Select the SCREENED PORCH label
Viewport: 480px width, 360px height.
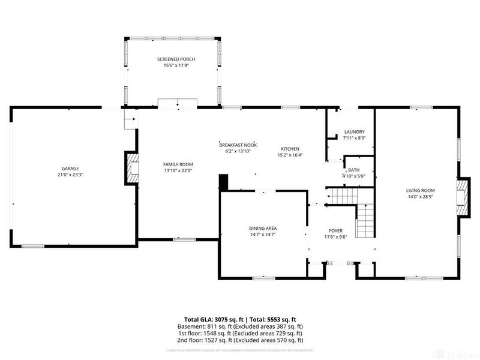pyautogui.click(x=176, y=59)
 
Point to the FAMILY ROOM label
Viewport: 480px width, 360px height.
pyautogui.click(x=178, y=164)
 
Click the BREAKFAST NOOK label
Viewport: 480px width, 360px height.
pyautogui.click(x=238, y=145)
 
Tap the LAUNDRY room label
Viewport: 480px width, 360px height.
pyautogui.click(x=353, y=132)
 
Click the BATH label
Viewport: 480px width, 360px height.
pyautogui.click(x=353, y=170)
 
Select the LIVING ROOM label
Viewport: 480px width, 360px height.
pyautogui.click(x=420, y=190)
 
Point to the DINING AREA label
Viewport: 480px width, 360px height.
pyautogui.click(x=263, y=228)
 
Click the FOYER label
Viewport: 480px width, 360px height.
pyautogui.click(x=335, y=230)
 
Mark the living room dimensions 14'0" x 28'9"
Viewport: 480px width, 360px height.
pyautogui.click(x=420, y=197)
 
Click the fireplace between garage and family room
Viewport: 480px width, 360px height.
pyautogui.click(x=131, y=167)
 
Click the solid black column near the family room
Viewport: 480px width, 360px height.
pyautogui.click(x=224, y=182)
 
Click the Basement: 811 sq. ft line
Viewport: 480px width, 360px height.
pyautogui.click(x=240, y=326)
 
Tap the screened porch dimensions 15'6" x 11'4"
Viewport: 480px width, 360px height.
pyautogui.click(x=176, y=65)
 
